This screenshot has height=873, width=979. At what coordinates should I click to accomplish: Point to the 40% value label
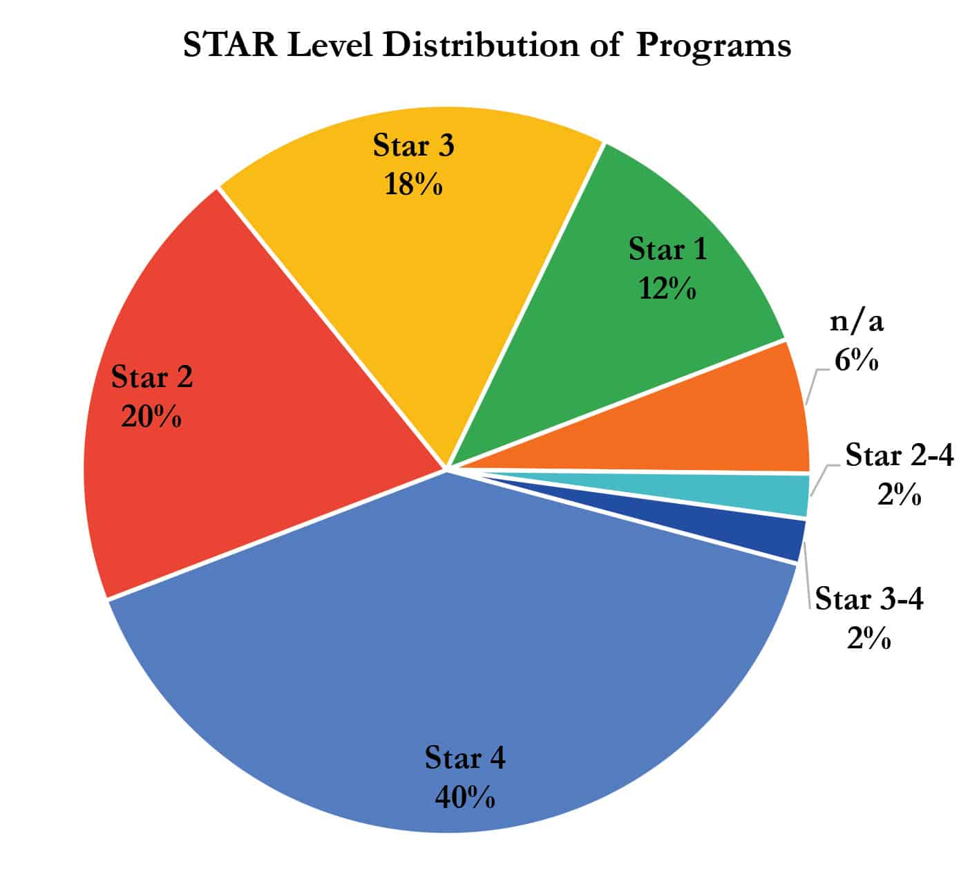pyautogui.click(x=464, y=798)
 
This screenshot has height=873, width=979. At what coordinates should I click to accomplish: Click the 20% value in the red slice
pyautogui.click(x=151, y=417)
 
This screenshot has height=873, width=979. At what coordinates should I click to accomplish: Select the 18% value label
pyautogui.click(x=413, y=185)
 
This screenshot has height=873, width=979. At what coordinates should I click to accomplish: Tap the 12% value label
pyautogui.click(x=667, y=288)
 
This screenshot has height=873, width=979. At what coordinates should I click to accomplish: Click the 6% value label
pyautogui.click(x=856, y=360)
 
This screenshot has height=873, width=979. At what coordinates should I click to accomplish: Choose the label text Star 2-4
pyautogui.click(x=899, y=456)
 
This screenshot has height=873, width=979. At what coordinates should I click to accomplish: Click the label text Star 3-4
pyautogui.click(x=869, y=599)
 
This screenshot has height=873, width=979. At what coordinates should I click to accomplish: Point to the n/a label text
pyautogui.click(x=856, y=321)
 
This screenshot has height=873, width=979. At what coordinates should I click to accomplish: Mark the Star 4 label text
pyautogui.click(x=464, y=758)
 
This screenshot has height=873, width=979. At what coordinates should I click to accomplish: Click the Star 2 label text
pyautogui.click(x=151, y=377)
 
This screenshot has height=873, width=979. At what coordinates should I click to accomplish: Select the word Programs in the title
pyautogui.click(x=713, y=46)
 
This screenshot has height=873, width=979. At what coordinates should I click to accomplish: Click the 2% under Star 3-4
pyautogui.click(x=868, y=639)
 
